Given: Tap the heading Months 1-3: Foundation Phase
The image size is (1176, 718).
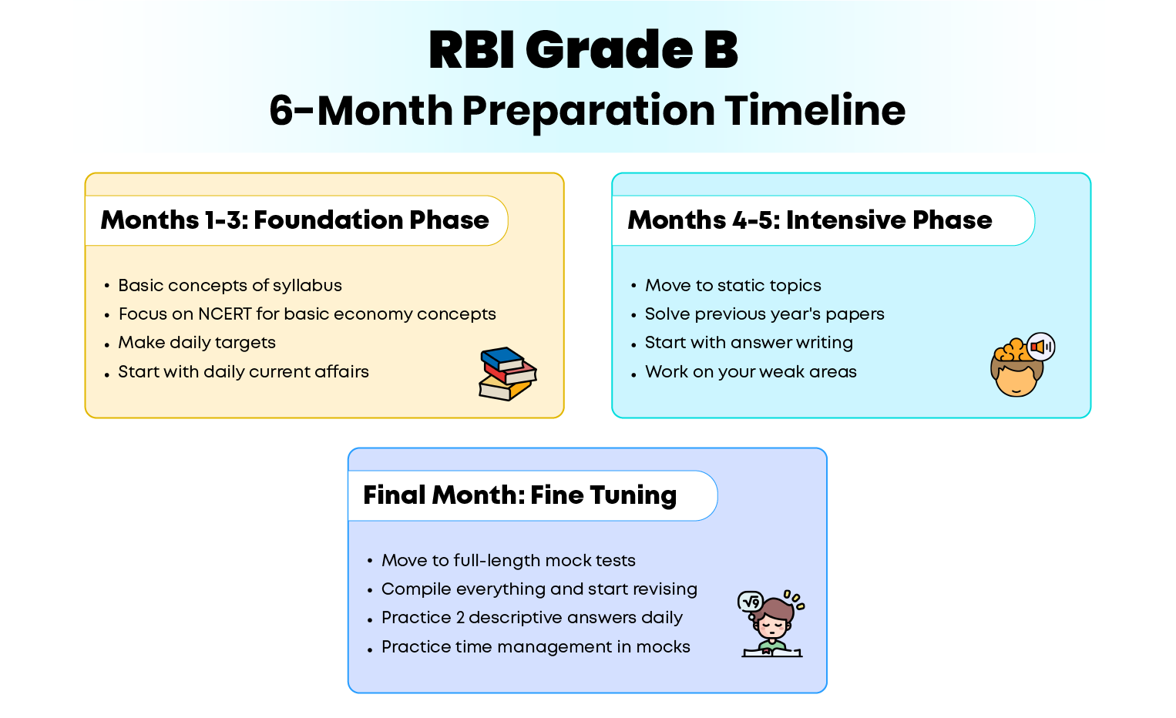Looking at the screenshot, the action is (294, 220).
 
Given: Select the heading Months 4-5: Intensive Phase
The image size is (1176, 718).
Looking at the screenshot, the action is (810, 220).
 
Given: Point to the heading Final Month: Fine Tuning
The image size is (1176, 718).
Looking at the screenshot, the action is (519, 495).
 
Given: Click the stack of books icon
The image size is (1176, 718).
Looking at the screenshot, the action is (508, 374).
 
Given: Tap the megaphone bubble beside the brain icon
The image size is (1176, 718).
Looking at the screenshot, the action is (1040, 347).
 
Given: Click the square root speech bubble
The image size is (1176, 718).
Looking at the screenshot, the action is (751, 602).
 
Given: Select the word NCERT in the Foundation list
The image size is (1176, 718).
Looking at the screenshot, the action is (225, 314).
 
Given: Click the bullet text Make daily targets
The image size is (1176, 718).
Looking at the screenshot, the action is (197, 343).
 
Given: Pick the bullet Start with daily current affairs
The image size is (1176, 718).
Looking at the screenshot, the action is (244, 371).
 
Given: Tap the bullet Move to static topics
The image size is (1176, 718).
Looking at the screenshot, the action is (733, 286).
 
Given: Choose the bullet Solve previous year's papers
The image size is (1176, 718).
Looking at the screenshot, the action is (764, 314).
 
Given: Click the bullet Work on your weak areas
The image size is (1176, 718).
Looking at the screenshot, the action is (751, 371).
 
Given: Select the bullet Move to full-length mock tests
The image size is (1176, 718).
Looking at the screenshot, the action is (508, 561).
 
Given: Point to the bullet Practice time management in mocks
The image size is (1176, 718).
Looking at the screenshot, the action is (536, 646).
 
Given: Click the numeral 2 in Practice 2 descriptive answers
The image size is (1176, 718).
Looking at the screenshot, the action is (460, 618).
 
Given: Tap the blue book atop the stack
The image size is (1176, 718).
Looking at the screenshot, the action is (502, 358).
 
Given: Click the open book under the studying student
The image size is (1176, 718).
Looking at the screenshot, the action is (771, 653).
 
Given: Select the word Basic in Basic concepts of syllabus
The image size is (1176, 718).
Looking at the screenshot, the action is (140, 286).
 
